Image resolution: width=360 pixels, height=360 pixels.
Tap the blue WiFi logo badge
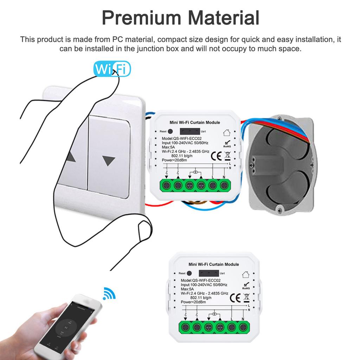[112, 69]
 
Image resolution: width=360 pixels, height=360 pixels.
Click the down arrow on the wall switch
[109, 161]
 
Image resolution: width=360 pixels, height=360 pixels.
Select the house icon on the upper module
[227, 133]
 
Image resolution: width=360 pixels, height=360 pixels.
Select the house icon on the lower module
[246, 274]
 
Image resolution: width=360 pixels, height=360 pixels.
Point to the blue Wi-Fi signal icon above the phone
[109, 294]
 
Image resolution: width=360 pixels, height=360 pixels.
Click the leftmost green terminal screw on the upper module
[167, 185]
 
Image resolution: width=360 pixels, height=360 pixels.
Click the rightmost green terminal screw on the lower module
[243, 327]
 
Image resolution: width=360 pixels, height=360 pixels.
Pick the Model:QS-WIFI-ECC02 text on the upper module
[182, 139]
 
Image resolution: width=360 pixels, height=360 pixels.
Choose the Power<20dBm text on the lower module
[193, 302]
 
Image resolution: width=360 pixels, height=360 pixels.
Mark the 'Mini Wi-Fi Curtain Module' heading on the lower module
[214, 264]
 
